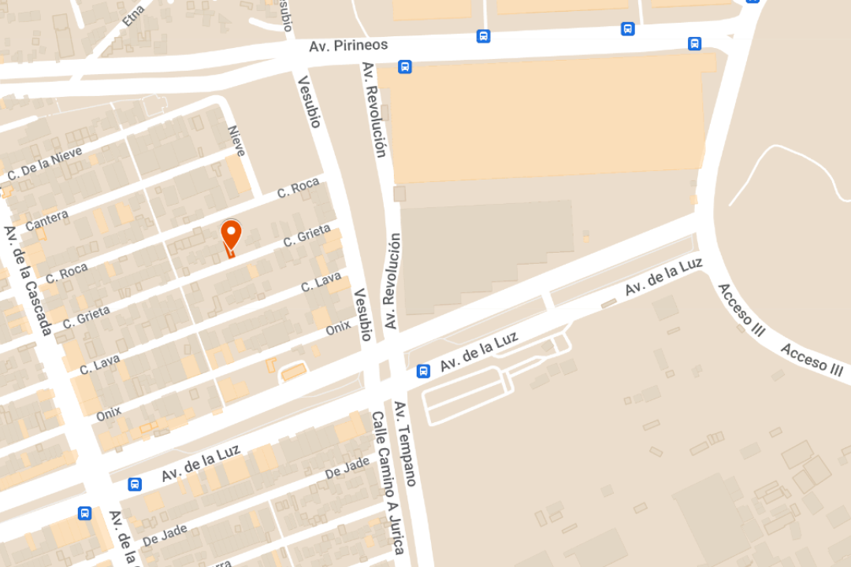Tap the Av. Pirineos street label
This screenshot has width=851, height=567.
tap(348, 46)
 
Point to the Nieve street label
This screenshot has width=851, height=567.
tap(236, 141)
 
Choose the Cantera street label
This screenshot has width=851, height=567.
tap(46, 220)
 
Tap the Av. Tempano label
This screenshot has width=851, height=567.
tap(405, 443)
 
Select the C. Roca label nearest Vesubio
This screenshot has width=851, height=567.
tap(299, 189)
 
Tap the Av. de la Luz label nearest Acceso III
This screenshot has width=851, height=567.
tap(663, 277)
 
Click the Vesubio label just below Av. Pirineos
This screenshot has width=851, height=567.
tap(310, 101)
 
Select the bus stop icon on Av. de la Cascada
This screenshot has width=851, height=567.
tap(84, 513)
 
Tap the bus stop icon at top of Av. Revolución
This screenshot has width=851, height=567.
tap(404, 67)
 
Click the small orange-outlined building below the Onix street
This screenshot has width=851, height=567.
tap(294, 371)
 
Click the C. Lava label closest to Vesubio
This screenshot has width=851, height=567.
tap(321, 283)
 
